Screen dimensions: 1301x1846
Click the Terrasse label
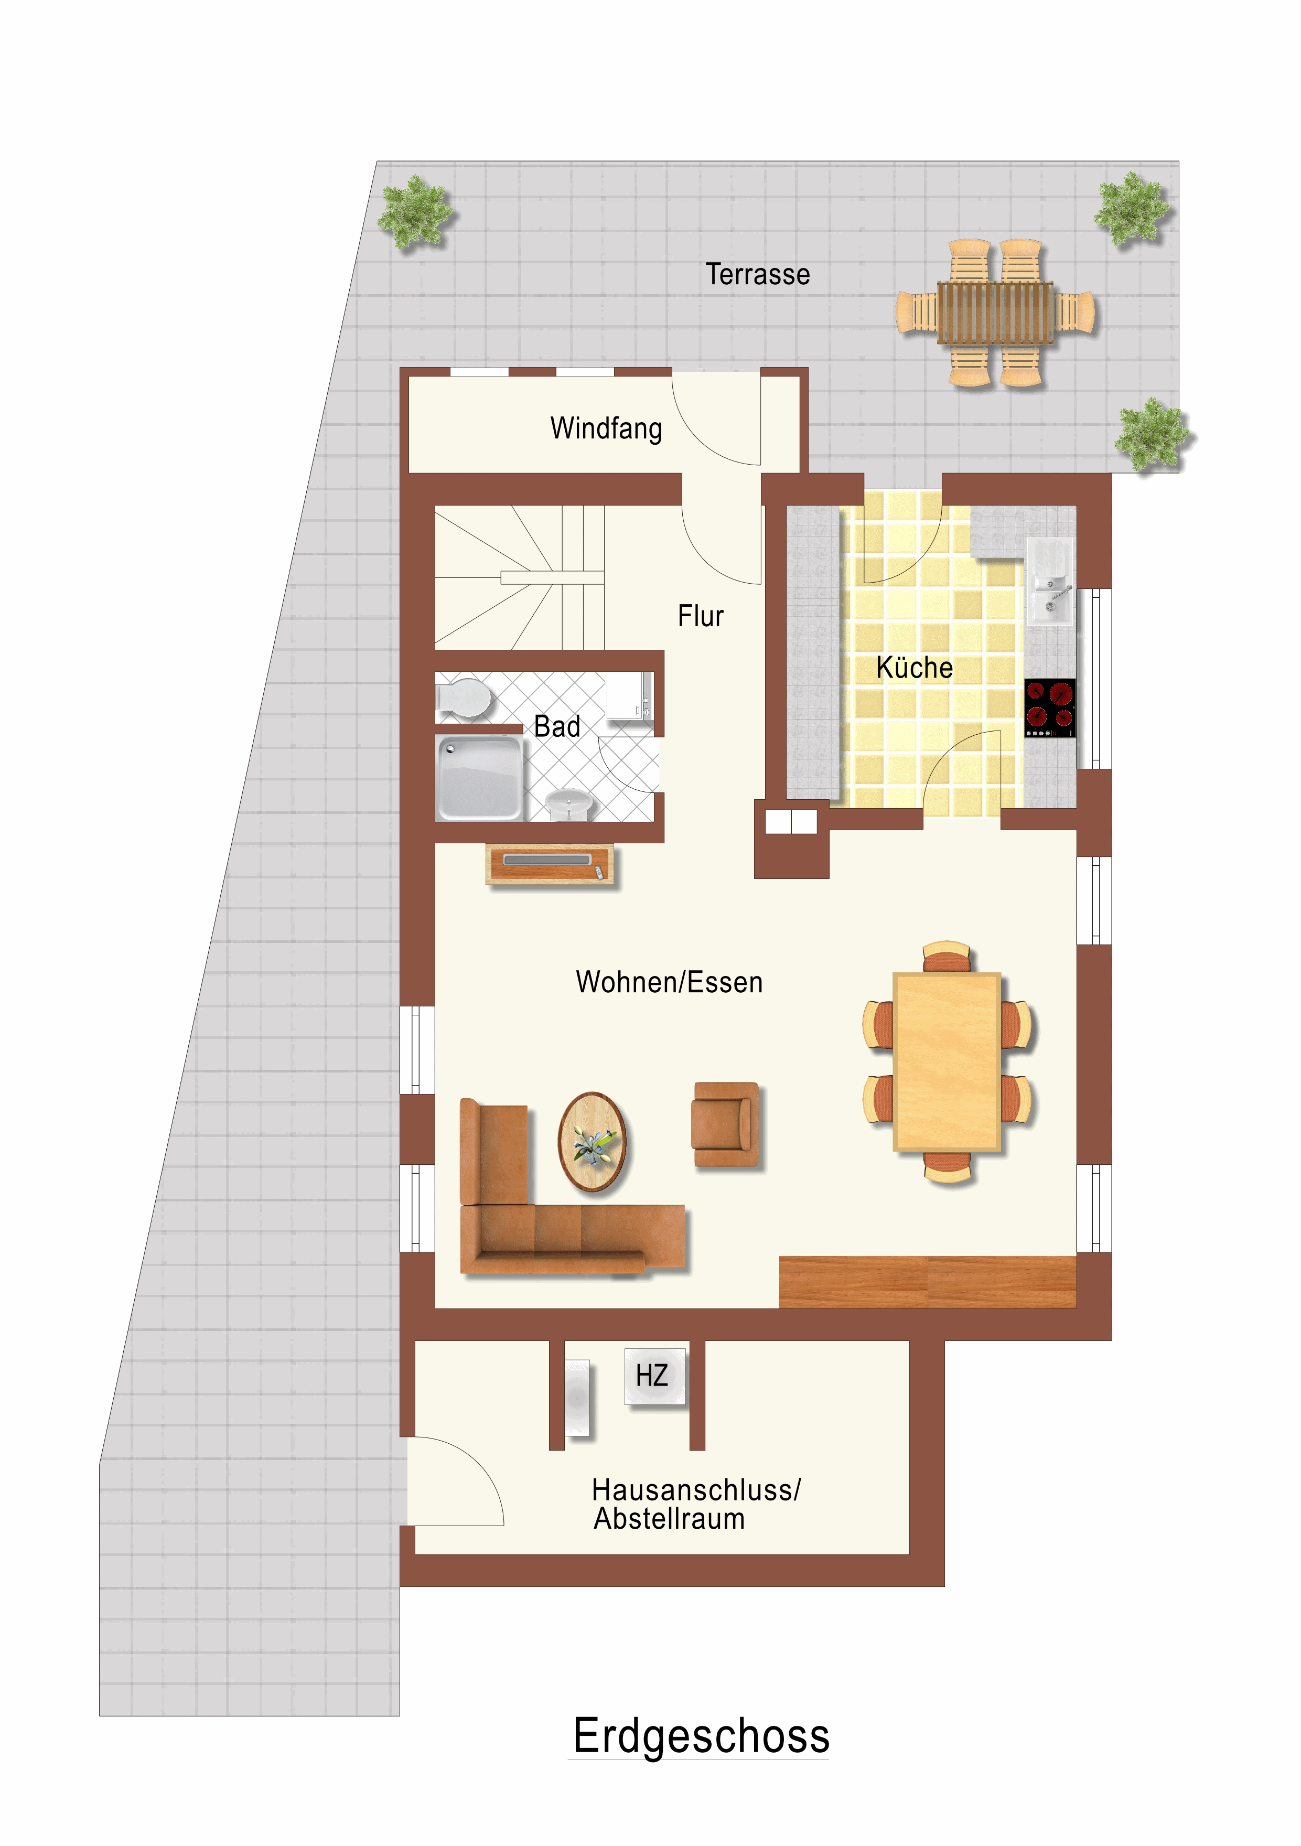click(x=757, y=274)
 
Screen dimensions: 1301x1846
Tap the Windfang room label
click(x=606, y=428)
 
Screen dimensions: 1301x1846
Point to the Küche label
click(x=914, y=667)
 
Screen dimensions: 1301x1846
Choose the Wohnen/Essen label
click(x=669, y=982)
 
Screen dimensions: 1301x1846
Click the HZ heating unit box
click(x=655, y=1376)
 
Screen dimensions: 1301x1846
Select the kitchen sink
click(x=1051, y=581)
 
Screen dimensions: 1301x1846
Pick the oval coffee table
click(x=594, y=1142)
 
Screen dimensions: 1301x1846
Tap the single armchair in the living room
click(x=725, y=1124)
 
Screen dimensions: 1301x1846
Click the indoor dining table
click(x=947, y=1062)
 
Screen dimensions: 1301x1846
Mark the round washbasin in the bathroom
click(x=569, y=803)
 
